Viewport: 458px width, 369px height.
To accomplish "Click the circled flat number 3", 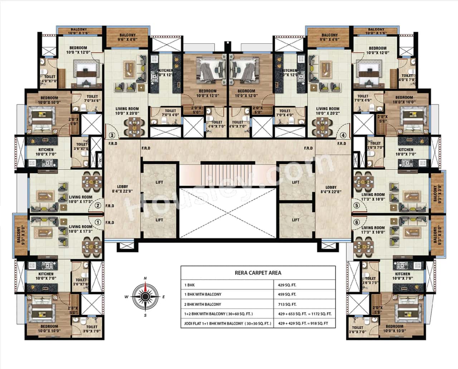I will click(112, 135).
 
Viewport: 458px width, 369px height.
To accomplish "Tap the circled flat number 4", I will click(343, 135).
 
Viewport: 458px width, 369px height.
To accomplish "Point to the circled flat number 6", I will click(356, 222).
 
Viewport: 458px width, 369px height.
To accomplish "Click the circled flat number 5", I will click(356, 205).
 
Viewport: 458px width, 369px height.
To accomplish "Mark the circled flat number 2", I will click(97, 205).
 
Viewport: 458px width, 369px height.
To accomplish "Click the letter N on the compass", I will click(145, 278).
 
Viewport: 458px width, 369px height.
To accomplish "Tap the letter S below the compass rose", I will click(145, 315).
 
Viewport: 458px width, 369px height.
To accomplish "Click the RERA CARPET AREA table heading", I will click(258, 272).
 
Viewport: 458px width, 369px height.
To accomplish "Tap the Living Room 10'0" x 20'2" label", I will click(327, 111).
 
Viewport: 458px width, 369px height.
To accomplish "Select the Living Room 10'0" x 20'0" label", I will click(127, 111).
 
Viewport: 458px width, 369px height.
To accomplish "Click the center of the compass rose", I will click(145, 296).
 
